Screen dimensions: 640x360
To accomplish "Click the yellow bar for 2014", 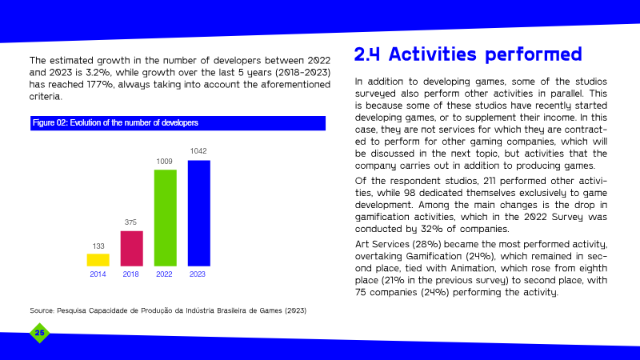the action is click(98, 260).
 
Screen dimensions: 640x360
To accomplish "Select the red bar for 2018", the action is click(131, 249).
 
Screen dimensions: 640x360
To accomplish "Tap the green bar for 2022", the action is click(166, 218).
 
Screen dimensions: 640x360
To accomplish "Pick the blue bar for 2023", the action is click(198, 213).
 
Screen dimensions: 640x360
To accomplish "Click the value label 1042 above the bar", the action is click(198, 151).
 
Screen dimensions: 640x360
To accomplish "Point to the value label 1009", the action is click(165, 162).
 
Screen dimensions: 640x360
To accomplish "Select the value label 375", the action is click(130, 222).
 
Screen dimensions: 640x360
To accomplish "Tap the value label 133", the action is click(98, 246).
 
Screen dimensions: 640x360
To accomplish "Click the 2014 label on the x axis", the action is click(98, 274).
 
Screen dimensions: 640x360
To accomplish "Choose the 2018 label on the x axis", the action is click(131, 274).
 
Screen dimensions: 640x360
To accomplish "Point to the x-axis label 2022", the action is click(164, 274).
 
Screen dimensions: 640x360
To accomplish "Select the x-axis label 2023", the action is click(198, 274).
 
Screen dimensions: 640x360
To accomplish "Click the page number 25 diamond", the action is click(39, 333).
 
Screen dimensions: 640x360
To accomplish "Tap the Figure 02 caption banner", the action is click(178, 123).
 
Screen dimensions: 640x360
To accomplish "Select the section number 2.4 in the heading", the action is click(367, 54).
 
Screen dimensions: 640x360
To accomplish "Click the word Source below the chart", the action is click(42, 310).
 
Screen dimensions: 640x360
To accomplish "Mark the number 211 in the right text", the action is click(490, 181).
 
